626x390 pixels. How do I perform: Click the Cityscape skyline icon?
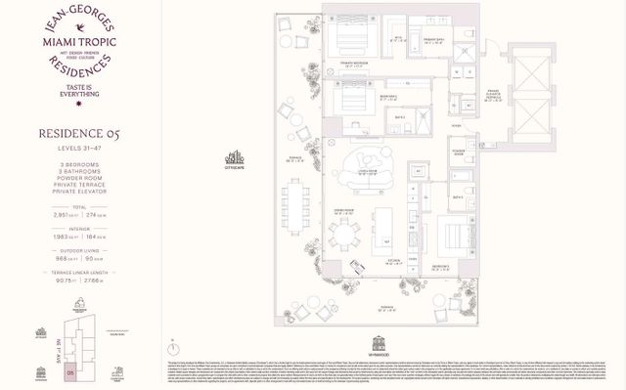pyautogui.click(x=236, y=158)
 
